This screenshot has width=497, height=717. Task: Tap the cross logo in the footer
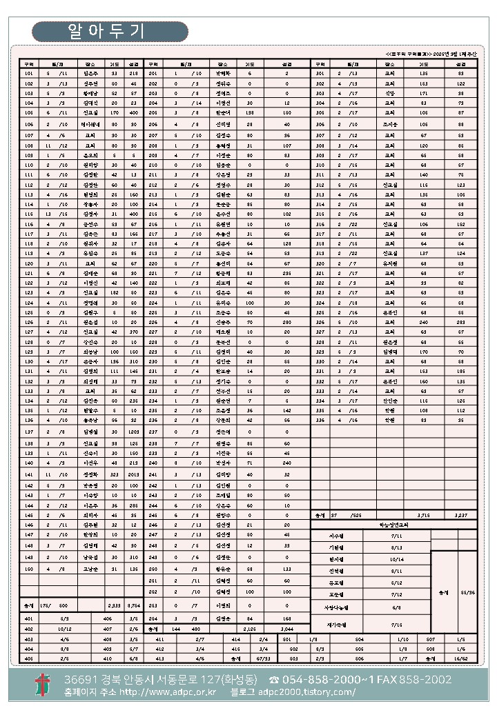[43, 685]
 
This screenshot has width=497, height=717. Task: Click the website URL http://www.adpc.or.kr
[168, 692]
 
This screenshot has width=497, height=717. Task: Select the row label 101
[28, 72]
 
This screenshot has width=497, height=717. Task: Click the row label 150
[28, 569]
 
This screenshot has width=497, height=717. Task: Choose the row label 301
[320, 72]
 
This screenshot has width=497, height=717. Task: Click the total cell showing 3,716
[423, 515]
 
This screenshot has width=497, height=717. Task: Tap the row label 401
[28, 618]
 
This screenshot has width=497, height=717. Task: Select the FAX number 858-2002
[427, 680]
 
